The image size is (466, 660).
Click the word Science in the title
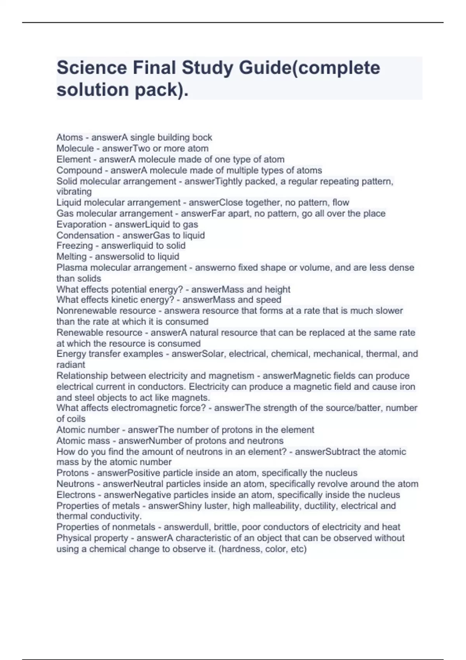92,68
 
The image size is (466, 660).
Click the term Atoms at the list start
70,137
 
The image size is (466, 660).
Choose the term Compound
79,170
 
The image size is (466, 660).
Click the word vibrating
74,191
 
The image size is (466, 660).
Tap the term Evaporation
81,224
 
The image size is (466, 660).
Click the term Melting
71,257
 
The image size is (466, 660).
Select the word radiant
71,365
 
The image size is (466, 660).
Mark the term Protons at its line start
73,473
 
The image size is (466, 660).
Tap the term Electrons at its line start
76,495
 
